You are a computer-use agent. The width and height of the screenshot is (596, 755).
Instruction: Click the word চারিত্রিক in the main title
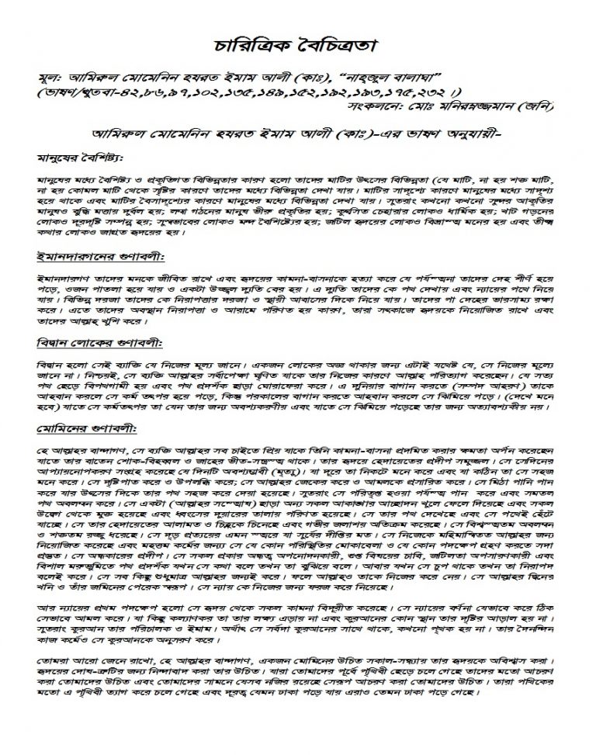[x=251, y=44]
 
